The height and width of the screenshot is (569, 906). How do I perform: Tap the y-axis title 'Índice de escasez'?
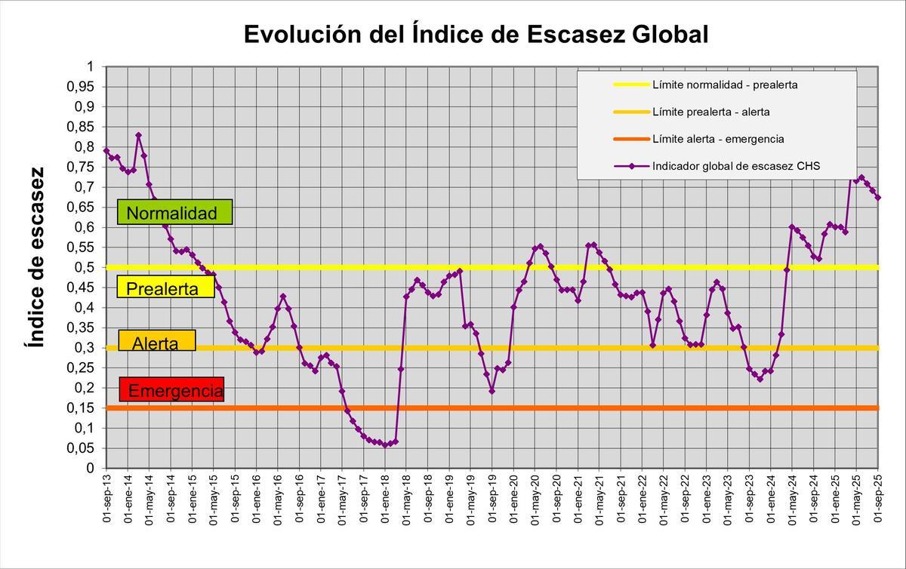pos(36,257)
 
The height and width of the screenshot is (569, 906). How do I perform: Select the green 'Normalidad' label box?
pos(174,213)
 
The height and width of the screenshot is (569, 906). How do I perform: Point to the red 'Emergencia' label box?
pos(172,390)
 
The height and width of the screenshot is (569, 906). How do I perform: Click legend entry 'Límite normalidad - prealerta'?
pos(724,85)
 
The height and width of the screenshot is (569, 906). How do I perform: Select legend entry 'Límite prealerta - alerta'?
pos(710,112)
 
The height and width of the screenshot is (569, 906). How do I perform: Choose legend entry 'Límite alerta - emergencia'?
pos(717,139)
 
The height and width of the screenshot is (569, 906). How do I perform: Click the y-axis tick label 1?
pos(90,66)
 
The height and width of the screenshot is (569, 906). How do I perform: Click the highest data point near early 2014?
pos(138,135)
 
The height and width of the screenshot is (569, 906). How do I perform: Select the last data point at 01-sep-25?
pos(879,198)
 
